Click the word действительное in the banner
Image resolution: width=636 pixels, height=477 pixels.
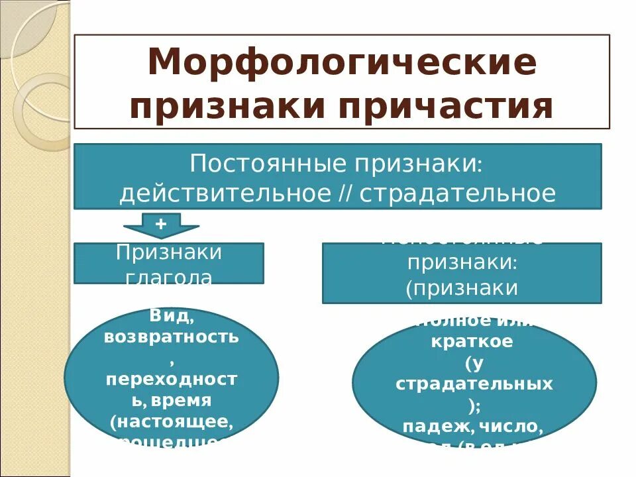tap(224, 193)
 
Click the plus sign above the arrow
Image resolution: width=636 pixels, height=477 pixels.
tap(160, 223)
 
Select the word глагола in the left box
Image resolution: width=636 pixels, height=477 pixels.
tap(169, 278)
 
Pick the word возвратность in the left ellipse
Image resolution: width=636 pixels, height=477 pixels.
tap(171, 337)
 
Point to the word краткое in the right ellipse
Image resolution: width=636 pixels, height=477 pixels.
tap(472, 343)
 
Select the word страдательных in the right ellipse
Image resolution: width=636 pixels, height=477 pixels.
tap(474, 384)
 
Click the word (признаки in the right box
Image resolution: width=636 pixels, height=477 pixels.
tap(462, 287)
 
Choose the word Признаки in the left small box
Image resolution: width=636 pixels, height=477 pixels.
tap(169, 252)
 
